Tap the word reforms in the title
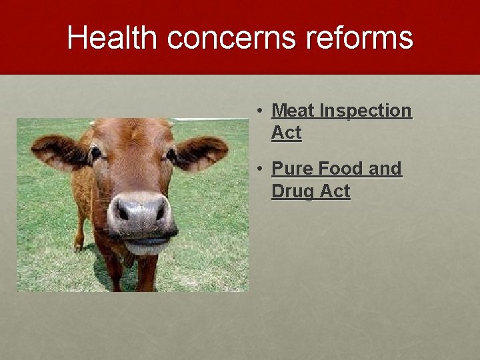coord(359,38)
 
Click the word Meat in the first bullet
coord(293,111)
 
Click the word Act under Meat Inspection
coord(287,133)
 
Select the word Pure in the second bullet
coord(293,169)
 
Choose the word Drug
coord(293,191)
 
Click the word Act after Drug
coord(335,191)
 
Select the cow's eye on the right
coord(171,154)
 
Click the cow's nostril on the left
coord(122,212)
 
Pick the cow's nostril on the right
coord(160,211)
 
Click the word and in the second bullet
coord(385,169)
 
